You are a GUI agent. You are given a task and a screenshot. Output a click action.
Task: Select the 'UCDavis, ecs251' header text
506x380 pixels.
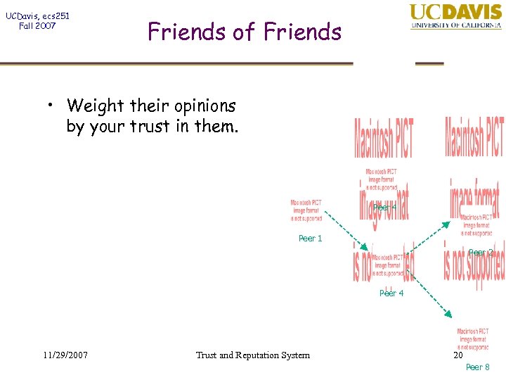point(37,15)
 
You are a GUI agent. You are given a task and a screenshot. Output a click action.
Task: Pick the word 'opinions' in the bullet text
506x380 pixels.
point(206,107)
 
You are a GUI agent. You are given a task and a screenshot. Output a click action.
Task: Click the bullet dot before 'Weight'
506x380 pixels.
point(52,107)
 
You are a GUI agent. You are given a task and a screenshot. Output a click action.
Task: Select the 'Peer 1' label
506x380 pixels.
point(310,239)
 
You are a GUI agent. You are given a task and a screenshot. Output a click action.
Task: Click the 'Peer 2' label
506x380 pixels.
point(481,252)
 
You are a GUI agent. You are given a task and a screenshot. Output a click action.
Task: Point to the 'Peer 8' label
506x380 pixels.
point(478,367)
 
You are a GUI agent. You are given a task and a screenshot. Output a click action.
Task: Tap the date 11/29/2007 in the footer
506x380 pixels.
point(64,355)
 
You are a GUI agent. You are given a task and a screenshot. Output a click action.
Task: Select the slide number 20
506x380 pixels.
point(458,355)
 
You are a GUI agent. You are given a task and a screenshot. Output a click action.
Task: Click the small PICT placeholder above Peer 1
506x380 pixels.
point(306,210)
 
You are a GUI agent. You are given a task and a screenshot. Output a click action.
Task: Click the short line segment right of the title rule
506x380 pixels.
point(429,64)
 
